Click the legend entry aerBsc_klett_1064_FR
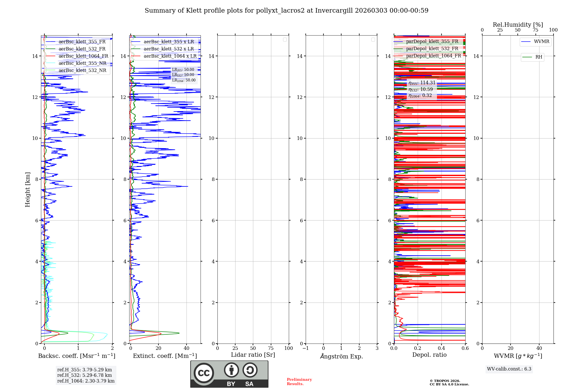tap(83, 56)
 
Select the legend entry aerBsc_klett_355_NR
tap(82, 63)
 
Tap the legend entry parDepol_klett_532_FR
tap(432, 49)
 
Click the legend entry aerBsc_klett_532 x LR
tap(168, 49)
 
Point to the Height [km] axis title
tap(28, 190)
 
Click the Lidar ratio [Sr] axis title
tap(253, 355)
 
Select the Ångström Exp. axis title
tap(341, 356)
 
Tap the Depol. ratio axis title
tap(429, 355)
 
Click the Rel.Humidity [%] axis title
tap(518, 25)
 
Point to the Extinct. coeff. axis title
tap(165, 356)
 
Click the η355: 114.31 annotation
tap(422, 83)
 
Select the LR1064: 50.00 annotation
tap(184, 80)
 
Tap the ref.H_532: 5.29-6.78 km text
tap(85, 375)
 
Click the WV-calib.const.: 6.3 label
tap(509, 369)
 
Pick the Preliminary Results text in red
tap(299, 382)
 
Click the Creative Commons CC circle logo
tap(204, 373)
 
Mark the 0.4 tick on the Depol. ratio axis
tap(441, 348)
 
